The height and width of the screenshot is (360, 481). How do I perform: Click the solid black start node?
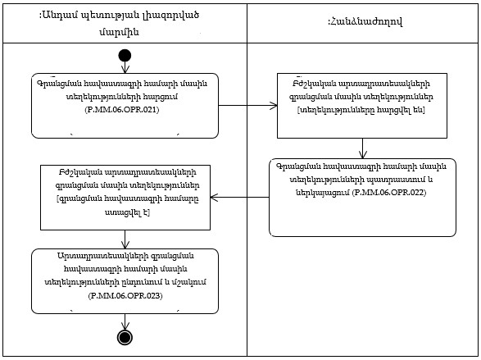click(125, 56)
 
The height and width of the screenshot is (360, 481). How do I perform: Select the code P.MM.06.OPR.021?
click(125, 107)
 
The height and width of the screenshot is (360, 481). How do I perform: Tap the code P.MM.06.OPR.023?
click(125, 293)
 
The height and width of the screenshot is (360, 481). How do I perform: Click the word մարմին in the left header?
click(124, 31)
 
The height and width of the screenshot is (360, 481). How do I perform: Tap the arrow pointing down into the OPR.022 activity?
click(363, 148)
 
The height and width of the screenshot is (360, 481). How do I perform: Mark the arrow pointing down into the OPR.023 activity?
click(125, 239)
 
